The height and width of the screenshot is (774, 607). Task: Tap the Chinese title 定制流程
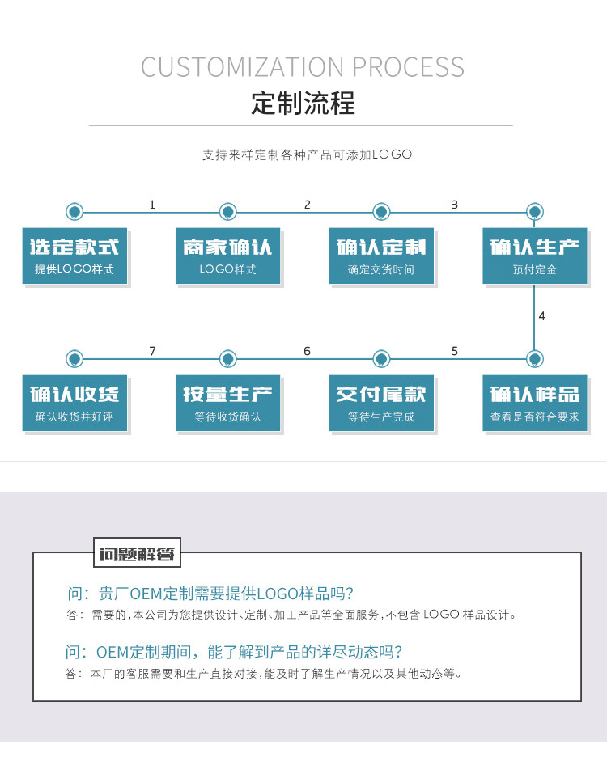click(x=303, y=104)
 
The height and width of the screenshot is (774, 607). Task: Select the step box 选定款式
click(x=74, y=256)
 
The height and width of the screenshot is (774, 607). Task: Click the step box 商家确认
click(x=227, y=256)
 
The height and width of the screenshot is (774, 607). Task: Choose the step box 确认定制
click(x=381, y=256)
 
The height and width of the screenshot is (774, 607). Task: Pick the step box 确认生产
click(x=535, y=256)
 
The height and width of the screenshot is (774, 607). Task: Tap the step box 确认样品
click(x=535, y=403)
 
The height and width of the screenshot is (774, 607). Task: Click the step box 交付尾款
click(x=381, y=403)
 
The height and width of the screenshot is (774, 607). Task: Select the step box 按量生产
click(x=227, y=403)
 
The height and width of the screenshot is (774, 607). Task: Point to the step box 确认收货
click(x=74, y=403)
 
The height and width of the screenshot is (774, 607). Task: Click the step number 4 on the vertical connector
click(x=541, y=316)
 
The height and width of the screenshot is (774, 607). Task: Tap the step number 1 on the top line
click(x=152, y=205)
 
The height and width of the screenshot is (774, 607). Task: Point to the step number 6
click(x=307, y=351)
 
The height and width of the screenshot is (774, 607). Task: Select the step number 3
click(x=454, y=205)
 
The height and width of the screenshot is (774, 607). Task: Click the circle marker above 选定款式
click(x=74, y=212)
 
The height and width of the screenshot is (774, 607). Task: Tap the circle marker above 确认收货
click(x=74, y=359)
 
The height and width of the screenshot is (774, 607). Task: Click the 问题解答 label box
click(x=138, y=553)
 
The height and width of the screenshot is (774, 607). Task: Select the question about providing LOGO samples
click(x=211, y=594)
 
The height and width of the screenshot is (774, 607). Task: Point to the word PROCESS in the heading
click(x=408, y=67)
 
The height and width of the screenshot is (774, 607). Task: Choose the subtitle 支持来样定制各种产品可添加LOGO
click(x=307, y=154)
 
